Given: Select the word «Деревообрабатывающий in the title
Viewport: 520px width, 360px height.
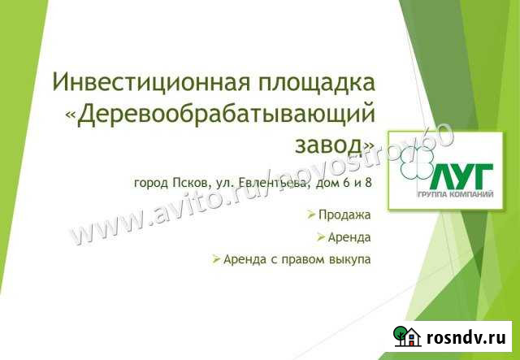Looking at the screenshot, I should pos(219,113).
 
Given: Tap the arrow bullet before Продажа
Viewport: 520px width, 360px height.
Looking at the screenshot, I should pos(312,215).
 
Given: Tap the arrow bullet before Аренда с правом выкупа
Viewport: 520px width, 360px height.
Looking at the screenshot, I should pos(215,259).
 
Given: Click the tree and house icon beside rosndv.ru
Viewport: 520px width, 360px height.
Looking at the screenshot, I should pos(406,336).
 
